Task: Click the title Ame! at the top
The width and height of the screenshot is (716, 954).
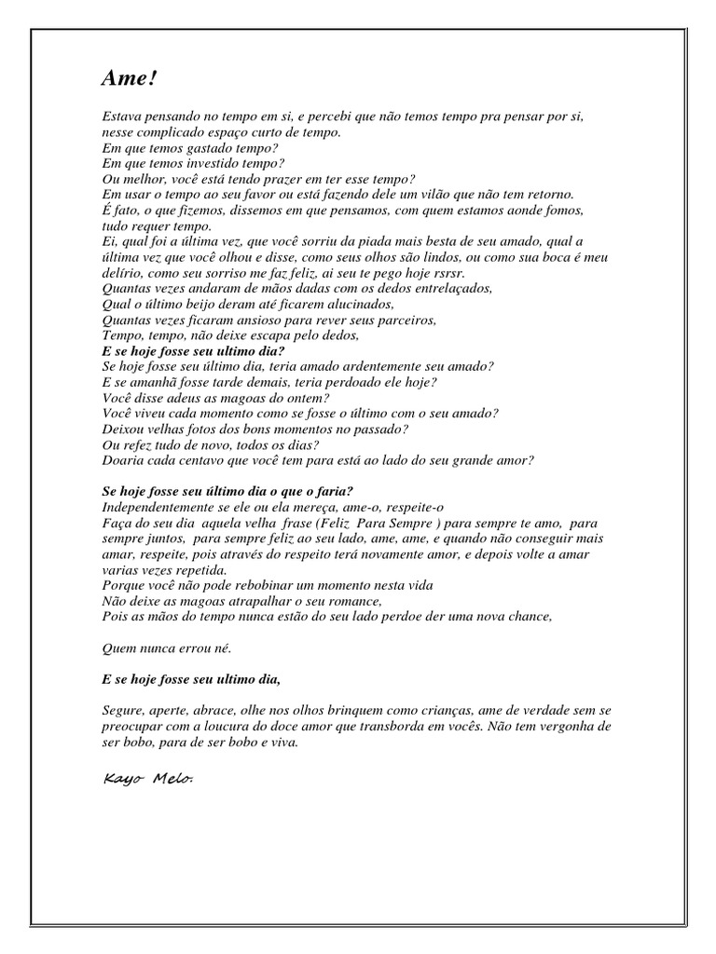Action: click(x=130, y=80)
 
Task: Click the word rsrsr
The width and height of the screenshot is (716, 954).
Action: click(x=446, y=273)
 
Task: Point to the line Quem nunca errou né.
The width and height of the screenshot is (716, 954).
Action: click(x=164, y=647)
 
